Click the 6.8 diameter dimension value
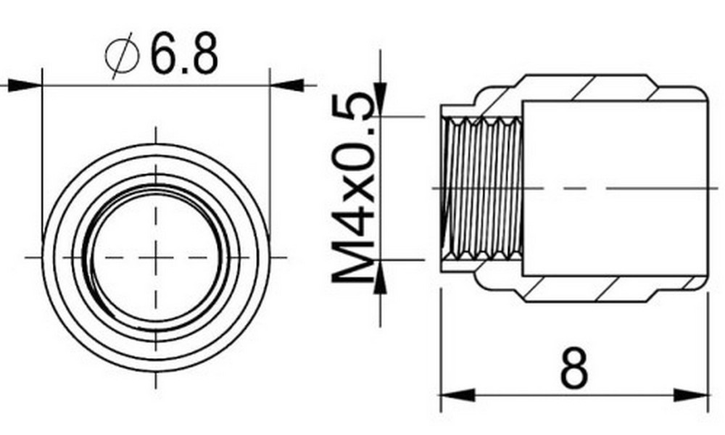coord(183,54)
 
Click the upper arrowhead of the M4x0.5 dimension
coord(380,101)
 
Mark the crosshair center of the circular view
coord(155,257)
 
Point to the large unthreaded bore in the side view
coord(613,188)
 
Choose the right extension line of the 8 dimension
coord(706,348)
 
